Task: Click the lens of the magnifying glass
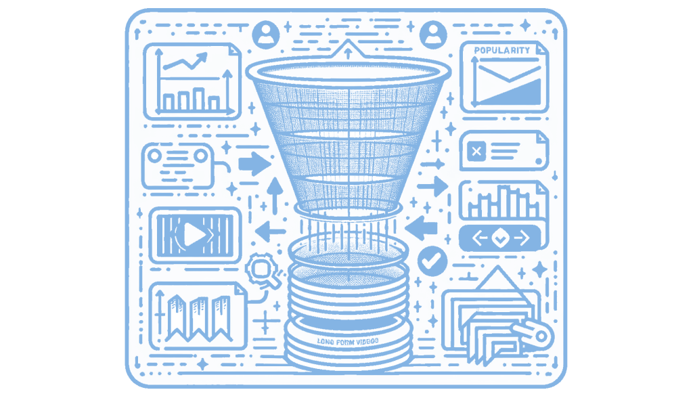[261, 267]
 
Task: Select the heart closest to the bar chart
[266, 29]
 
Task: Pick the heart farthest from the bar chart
[433, 29]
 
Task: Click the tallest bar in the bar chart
[198, 100]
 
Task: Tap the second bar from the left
[183, 102]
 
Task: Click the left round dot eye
[154, 156]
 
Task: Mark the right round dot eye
[201, 156]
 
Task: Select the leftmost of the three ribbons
[177, 318]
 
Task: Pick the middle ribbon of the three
[198, 318]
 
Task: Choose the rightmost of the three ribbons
[221, 318]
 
